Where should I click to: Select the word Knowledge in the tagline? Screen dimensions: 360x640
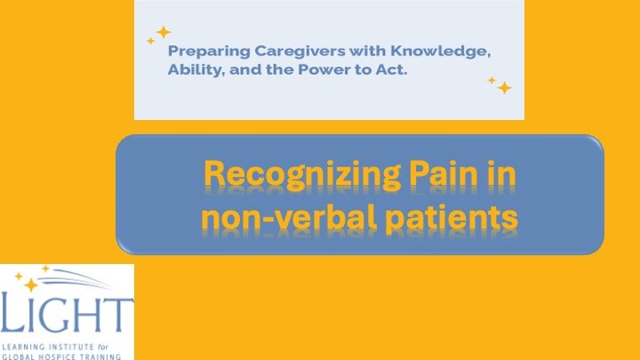click(443, 53)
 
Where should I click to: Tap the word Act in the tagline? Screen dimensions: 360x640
click(392, 70)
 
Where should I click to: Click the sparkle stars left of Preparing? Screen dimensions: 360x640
click(159, 35)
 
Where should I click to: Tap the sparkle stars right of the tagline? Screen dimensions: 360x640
click(500, 84)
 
